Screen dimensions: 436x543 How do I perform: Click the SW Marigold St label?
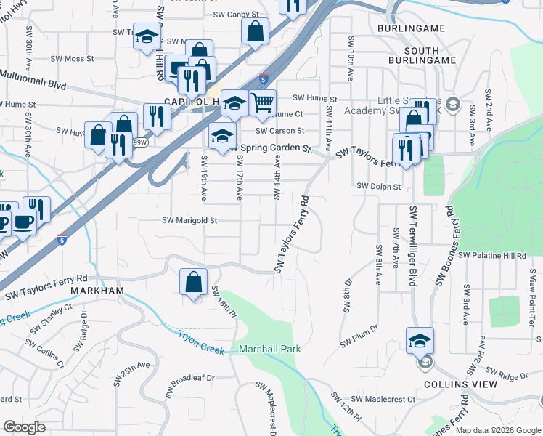coord(189,220)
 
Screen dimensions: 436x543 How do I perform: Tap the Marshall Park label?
coord(270,350)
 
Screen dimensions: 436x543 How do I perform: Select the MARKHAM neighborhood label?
coord(98,291)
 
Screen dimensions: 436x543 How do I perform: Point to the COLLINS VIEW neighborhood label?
coord(462,384)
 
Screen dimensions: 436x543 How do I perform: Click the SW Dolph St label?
coord(379,187)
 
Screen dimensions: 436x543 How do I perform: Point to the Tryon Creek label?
coord(202,342)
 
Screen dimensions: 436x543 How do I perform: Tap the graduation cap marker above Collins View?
coord(420,339)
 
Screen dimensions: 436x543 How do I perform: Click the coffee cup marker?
coord(23,221)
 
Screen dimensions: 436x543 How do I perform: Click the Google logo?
coord(24,427)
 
